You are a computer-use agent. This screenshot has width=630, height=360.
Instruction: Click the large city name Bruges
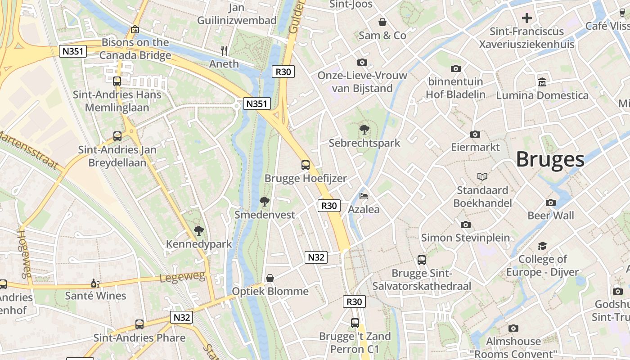[550, 159]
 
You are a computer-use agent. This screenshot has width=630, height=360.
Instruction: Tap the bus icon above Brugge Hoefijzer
[306, 165]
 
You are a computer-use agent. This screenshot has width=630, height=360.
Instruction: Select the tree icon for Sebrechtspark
[364, 130]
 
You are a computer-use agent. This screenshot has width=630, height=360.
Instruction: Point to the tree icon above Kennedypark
[198, 231]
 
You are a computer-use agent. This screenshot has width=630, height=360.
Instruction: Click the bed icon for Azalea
[364, 196]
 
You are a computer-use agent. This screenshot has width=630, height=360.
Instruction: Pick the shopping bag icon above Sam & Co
[382, 22]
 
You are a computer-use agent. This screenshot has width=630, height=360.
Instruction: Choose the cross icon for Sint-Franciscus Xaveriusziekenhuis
[526, 18]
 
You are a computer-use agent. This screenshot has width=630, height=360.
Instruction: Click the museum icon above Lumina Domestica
[542, 82]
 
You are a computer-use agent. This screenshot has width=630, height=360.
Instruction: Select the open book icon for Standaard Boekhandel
[482, 176]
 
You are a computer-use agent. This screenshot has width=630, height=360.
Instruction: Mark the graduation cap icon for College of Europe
[542, 246]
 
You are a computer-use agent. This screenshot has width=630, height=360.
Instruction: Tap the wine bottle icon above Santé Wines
[95, 283]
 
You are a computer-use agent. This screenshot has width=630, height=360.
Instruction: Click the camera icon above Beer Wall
[550, 202]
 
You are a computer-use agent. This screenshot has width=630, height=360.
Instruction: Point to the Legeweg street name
[182, 277]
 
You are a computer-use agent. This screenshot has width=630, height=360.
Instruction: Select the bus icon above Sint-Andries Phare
[139, 324]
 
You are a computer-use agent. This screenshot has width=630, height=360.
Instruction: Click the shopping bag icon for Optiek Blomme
[270, 278]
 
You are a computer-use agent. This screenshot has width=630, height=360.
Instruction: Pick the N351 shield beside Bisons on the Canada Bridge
[72, 51]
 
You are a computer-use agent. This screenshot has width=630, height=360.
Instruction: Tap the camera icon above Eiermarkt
[475, 134]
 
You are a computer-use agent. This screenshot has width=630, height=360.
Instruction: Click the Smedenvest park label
[265, 215]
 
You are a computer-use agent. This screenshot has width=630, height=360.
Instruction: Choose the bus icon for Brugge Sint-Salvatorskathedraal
[422, 260]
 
